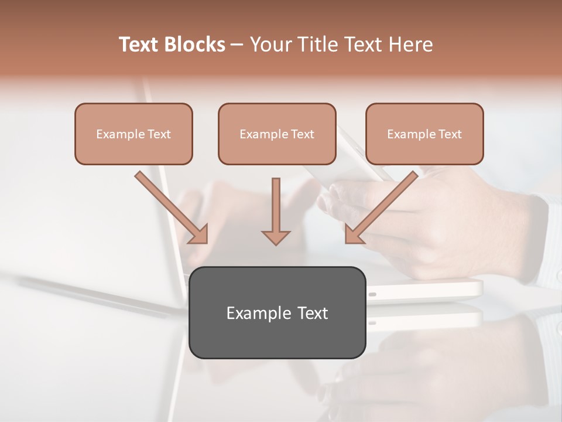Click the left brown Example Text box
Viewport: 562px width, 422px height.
coord(133,134)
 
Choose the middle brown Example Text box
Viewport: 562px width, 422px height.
coord(277,134)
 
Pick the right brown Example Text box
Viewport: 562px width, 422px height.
coord(424,134)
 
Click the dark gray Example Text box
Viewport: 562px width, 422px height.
coord(277,312)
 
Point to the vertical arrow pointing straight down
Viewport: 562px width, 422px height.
coord(276,208)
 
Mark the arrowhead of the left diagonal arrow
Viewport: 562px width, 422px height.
coord(199,234)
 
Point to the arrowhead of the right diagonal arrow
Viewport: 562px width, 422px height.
coord(354,234)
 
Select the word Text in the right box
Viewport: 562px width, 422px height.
coord(450,134)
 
